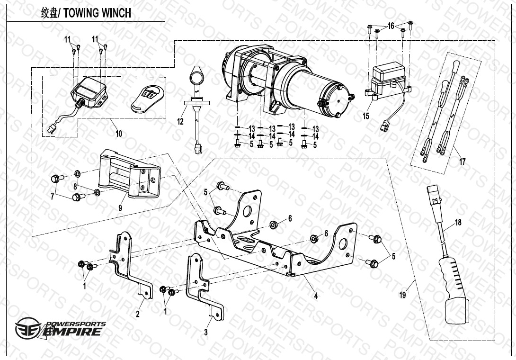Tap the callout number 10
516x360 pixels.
(118, 134)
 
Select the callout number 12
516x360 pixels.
(180, 122)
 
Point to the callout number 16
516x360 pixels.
(391, 26)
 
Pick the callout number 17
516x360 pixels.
(462, 162)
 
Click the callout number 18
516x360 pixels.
(458, 222)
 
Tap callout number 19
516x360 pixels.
(402, 296)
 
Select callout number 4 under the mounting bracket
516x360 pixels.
(316, 296)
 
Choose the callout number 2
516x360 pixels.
(138, 313)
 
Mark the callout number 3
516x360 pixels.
(206, 333)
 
